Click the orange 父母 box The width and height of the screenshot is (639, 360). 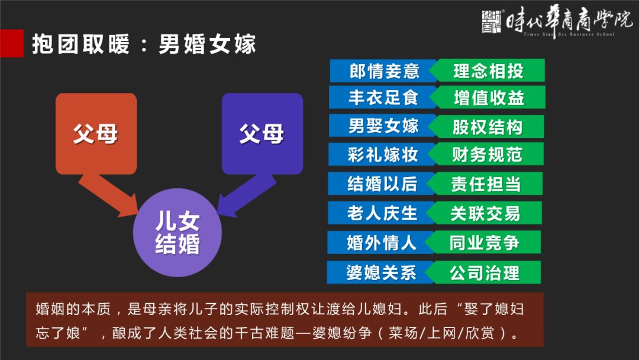point(96,134)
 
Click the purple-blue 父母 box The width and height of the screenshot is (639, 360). point(262,134)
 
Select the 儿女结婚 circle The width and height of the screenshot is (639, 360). point(177,232)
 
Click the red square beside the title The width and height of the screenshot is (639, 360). point(11,43)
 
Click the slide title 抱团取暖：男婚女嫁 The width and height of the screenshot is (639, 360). point(144,44)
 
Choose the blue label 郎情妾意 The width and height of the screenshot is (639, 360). point(383,70)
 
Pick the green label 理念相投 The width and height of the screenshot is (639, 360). point(487,70)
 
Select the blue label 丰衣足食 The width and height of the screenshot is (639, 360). point(383,97)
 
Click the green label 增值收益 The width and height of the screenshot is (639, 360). point(488,97)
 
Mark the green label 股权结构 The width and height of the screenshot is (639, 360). point(486,126)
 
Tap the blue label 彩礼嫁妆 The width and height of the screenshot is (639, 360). point(382,154)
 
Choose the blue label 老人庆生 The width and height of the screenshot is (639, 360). point(381,213)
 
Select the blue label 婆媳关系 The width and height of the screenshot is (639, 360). point(380,272)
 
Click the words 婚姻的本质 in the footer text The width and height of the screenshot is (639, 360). point(73,308)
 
